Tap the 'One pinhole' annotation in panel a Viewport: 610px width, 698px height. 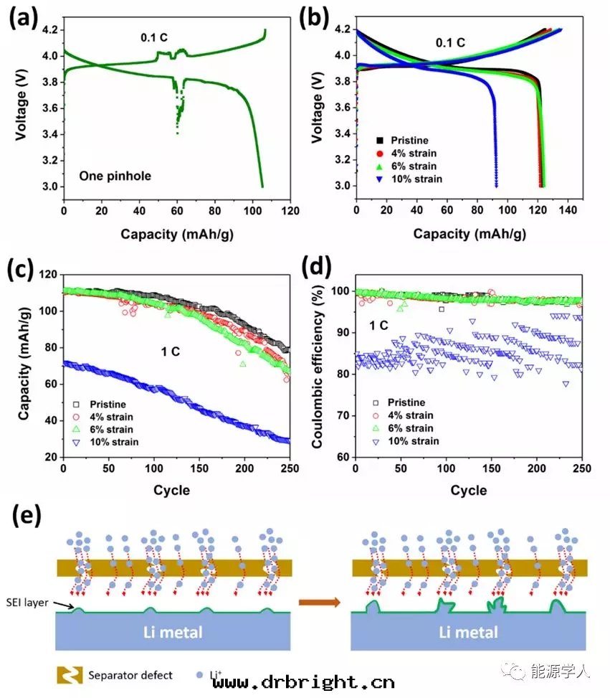pyautogui.click(x=115, y=176)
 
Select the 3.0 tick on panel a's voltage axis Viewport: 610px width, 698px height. pyautogui.click(x=50, y=187)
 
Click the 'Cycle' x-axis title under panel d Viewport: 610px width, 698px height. pyautogui.click(x=469, y=491)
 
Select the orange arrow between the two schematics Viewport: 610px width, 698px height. pyautogui.click(x=320, y=603)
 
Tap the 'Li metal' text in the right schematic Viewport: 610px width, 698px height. pyautogui.click(x=467, y=633)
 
